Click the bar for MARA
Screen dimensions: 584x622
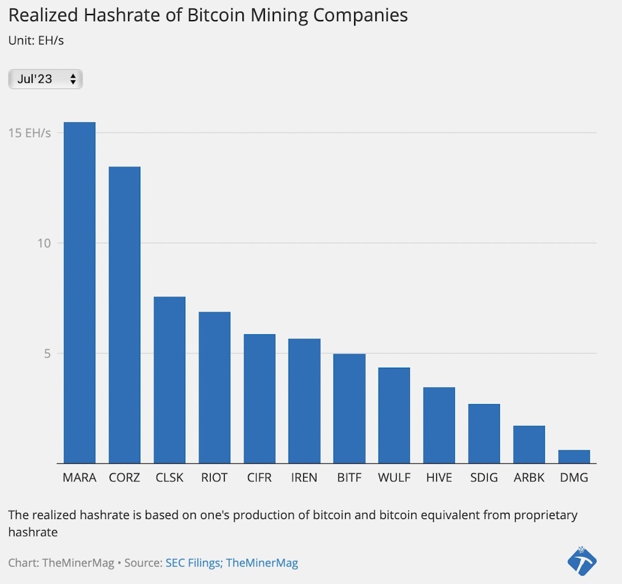click(80, 292)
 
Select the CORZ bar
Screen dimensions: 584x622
click(125, 315)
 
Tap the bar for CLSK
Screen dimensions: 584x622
click(169, 380)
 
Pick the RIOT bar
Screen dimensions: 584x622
click(214, 387)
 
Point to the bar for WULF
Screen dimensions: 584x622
click(394, 415)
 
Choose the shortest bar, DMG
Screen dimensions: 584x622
click(574, 456)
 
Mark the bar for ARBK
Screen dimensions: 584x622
click(529, 444)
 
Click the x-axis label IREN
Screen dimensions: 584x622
click(304, 478)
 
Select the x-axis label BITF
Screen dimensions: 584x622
click(349, 478)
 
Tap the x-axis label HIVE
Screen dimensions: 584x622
click(439, 478)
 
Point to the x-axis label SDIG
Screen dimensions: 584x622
click(484, 478)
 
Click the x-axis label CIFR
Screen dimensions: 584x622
click(259, 478)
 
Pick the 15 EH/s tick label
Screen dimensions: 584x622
click(30, 132)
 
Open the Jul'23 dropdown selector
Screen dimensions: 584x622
click(46, 79)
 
